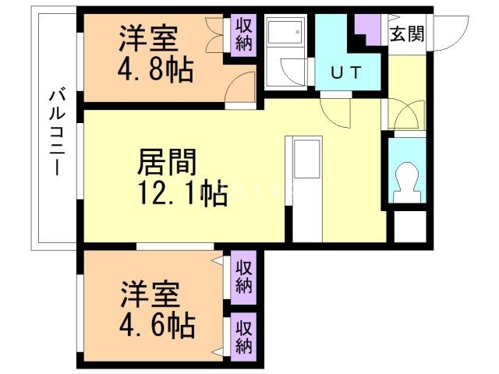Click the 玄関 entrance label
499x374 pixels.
(407, 34)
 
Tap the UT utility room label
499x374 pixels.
(346, 72)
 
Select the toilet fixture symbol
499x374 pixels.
(407, 182)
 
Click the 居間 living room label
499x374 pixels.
(167, 163)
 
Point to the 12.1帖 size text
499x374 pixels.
(182, 193)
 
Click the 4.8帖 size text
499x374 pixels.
(156, 69)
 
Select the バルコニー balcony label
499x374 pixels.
(57, 133)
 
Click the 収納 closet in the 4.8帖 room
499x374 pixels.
(244, 35)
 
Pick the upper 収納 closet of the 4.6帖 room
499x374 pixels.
(244, 277)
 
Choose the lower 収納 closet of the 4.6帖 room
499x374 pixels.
(244, 337)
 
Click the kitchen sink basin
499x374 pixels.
(307, 160)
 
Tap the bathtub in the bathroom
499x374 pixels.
(284, 31)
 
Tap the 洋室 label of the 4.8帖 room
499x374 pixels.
(148, 39)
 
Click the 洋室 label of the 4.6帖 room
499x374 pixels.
(150, 295)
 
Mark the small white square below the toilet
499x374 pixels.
(410, 227)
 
